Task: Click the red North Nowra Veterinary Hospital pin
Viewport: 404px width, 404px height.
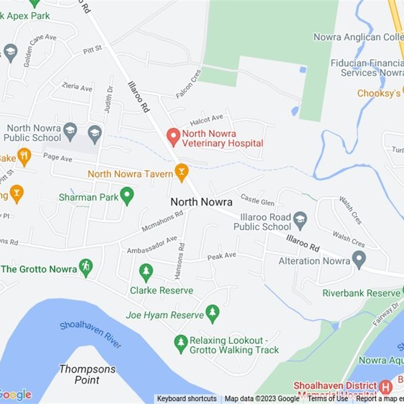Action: [x=174, y=136]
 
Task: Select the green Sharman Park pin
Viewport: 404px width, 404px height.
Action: [x=127, y=195]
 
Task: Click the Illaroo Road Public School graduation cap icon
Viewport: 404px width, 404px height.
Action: [x=300, y=218]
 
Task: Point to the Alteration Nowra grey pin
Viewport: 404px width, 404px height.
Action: [x=359, y=260]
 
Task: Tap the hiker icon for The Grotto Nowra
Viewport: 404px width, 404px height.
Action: [x=86, y=268]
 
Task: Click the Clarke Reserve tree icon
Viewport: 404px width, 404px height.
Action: [x=146, y=273]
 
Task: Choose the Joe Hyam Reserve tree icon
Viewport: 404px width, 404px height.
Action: [x=213, y=314]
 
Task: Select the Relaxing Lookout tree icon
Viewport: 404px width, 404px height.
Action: [x=181, y=343]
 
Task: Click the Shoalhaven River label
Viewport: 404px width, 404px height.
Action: [x=91, y=333]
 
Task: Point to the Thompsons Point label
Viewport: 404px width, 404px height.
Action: [x=87, y=374]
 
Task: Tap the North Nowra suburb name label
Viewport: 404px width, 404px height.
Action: [x=201, y=202]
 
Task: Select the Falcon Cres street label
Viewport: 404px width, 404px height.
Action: [x=189, y=84]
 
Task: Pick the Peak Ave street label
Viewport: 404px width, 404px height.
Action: [x=222, y=257]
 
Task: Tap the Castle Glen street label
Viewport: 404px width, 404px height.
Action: [x=258, y=199]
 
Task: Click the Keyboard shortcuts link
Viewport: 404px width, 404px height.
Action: [x=187, y=399]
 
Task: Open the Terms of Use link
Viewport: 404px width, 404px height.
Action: [x=328, y=399]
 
